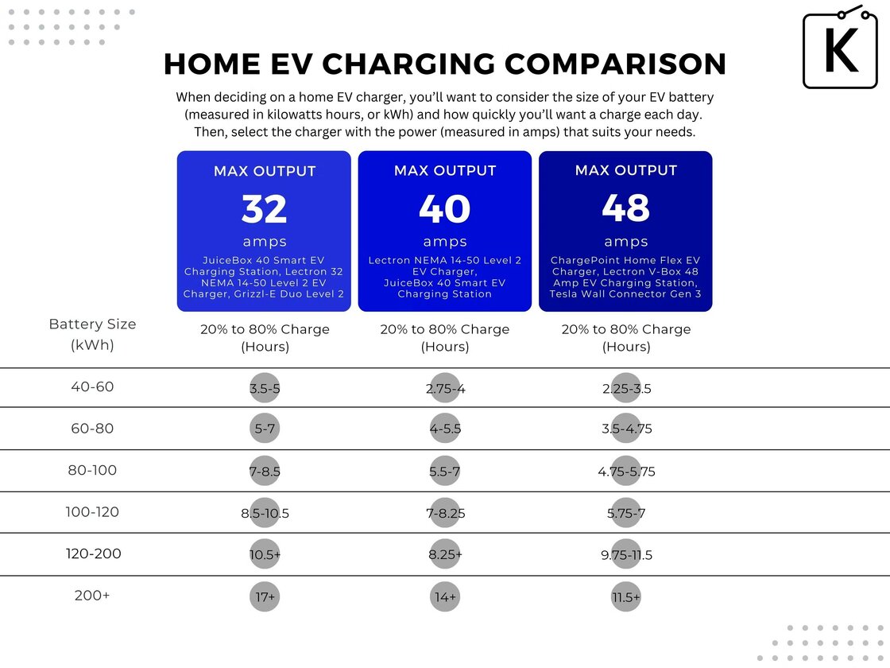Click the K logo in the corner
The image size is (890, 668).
[x=841, y=49]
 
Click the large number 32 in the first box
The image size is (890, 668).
[x=264, y=209]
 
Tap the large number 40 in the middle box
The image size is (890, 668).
[x=445, y=209]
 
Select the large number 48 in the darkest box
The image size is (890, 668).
[x=625, y=208]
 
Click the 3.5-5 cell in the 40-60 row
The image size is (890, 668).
[x=264, y=389]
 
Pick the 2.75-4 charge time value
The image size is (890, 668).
[x=445, y=389]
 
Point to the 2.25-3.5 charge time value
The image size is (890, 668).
[x=626, y=389]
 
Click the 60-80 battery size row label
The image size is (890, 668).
[x=92, y=429]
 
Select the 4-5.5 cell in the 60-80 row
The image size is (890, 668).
[x=445, y=429]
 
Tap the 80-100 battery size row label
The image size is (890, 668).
[x=92, y=470]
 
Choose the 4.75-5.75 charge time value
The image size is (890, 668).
[x=626, y=472]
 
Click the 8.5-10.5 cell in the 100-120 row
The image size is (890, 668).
[x=265, y=513]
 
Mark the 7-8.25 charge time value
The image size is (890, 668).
[x=445, y=513]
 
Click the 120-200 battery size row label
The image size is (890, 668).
[x=93, y=553]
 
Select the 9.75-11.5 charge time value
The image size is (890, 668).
[x=626, y=555]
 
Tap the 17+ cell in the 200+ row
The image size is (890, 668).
[x=264, y=596]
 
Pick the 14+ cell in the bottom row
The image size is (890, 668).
[x=445, y=596]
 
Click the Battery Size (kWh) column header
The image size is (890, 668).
[x=92, y=335]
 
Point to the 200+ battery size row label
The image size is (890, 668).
[x=92, y=595]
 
